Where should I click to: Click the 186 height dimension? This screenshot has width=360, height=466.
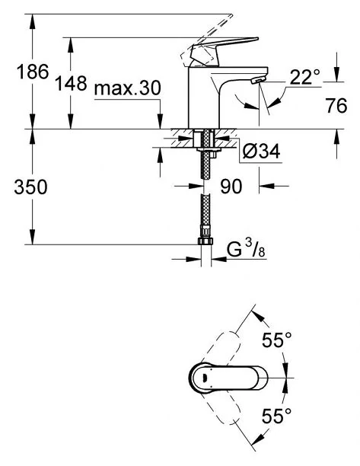click(33, 72)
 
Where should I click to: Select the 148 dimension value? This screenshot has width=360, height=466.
click(72, 83)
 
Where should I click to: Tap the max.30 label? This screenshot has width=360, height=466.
click(127, 88)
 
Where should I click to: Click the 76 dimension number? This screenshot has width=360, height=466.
click(336, 106)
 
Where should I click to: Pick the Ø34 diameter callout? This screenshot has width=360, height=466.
click(261, 152)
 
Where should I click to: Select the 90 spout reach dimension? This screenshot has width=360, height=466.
click(231, 187)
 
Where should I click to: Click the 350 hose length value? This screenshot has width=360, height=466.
click(30, 187)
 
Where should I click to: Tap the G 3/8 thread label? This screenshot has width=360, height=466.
click(246, 249)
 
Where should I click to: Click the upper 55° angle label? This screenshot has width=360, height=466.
click(277, 340)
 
